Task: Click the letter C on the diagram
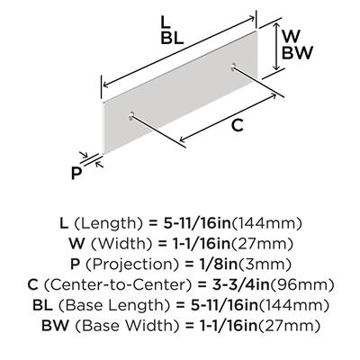pyautogui.click(x=238, y=125)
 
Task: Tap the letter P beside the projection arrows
pyautogui.click(x=76, y=174)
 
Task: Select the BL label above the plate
pyautogui.click(x=172, y=38)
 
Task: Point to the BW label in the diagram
pyautogui.click(x=297, y=53)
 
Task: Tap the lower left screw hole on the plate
pyautogui.click(x=131, y=116)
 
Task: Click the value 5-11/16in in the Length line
pyautogui.click(x=197, y=223)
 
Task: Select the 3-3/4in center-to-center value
pyautogui.click(x=241, y=284)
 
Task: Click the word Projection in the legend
pyautogui.click(x=130, y=265)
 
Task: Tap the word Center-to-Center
pyautogui.click(x=118, y=284)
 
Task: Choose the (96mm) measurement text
pyautogui.click(x=301, y=284)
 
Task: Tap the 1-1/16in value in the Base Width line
pyautogui.click(x=221, y=326)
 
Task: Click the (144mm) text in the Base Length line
pyautogui.click(x=292, y=305)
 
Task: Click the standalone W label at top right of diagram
pyautogui.click(x=292, y=37)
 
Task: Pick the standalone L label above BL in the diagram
pyautogui.click(x=166, y=22)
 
